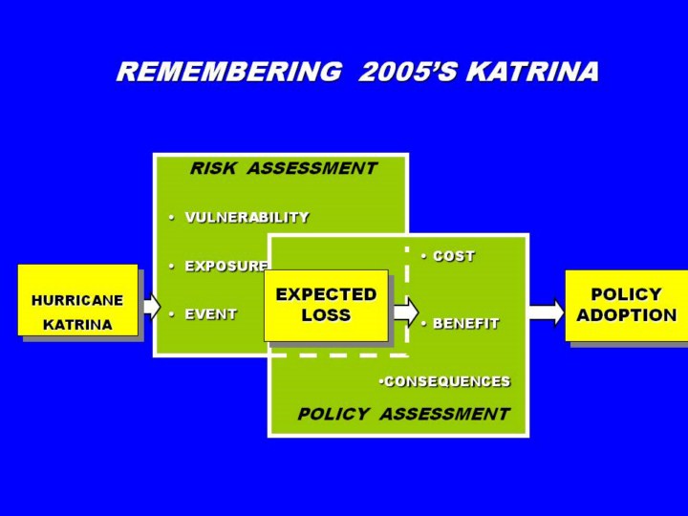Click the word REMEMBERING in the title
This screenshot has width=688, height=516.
pyautogui.click(x=229, y=71)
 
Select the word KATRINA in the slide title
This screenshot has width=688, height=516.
pyautogui.click(x=532, y=71)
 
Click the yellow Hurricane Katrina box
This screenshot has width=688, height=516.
pyautogui.click(x=77, y=300)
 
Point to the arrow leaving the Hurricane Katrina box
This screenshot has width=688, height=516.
pyautogui.click(x=152, y=306)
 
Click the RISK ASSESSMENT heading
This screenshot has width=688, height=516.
pyautogui.click(x=284, y=168)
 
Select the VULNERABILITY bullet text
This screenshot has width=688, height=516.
pyautogui.click(x=247, y=217)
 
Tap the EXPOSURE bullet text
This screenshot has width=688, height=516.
pyautogui.click(x=226, y=266)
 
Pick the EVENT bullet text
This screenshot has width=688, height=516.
pyautogui.click(x=211, y=314)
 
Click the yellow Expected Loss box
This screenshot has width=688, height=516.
pyautogui.click(x=326, y=306)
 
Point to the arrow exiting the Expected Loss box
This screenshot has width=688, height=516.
pyautogui.click(x=404, y=312)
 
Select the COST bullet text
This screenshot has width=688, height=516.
pyautogui.click(x=454, y=256)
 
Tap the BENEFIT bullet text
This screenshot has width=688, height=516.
pyautogui.click(x=466, y=323)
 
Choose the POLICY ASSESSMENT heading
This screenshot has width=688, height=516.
pyautogui.click(x=403, y=414)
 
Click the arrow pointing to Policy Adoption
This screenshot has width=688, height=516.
pyautogui.click(x=547, y=312)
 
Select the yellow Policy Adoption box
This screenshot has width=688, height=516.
pyautogui.click(x=627, y=306)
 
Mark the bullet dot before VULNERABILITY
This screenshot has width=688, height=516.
pyautogui.click(x=172, y=217)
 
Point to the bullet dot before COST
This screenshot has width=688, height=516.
pyautogui.click(x=424, y=256)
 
